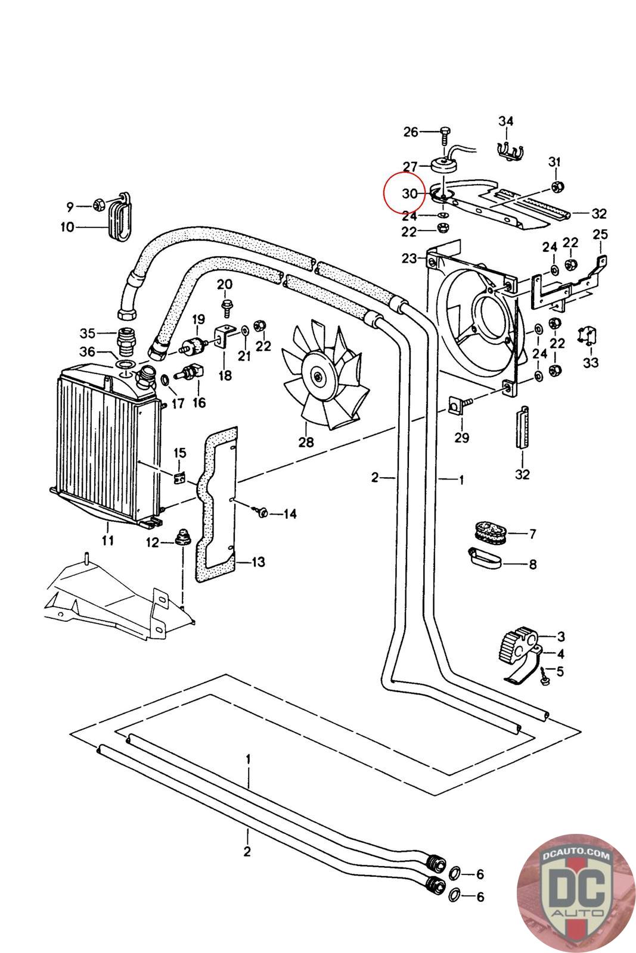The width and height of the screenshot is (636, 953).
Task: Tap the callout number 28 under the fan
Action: click(x=306, y=443)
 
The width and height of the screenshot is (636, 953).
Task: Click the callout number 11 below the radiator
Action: click(x=108, y=541)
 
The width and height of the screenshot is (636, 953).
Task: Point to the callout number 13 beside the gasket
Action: click(x=259, y=562)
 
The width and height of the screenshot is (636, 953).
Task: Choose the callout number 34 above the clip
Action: click(x=505, y=122)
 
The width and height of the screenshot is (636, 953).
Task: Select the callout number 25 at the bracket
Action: click(x=600, y=235)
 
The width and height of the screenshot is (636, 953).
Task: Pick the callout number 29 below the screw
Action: click(x=461, y=438)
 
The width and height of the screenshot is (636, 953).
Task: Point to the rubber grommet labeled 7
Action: click(x=489, y=531)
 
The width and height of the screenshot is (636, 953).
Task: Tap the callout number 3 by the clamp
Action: click(x=560, y=637)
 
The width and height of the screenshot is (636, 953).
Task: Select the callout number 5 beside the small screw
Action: click(x=559, y=671)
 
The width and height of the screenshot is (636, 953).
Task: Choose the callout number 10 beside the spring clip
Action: click(x=67, y=227)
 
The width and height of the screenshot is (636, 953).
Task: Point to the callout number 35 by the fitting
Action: click(x=88, y=332)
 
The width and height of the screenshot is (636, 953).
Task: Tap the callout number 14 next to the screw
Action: click(x=290, y=513)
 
